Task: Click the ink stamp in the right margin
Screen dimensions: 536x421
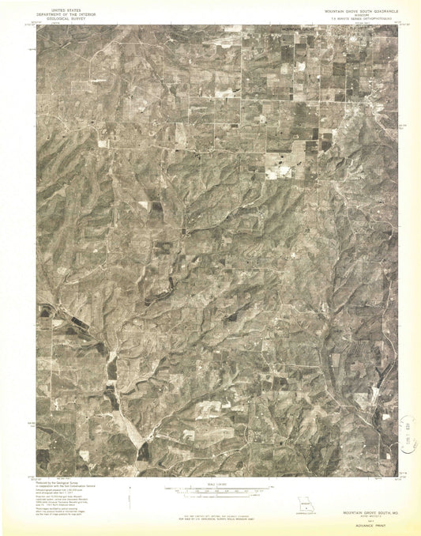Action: pyautogui.click(x=408, y=432)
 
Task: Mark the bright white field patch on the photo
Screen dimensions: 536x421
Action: pyautogui.click(x=279, y=161)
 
